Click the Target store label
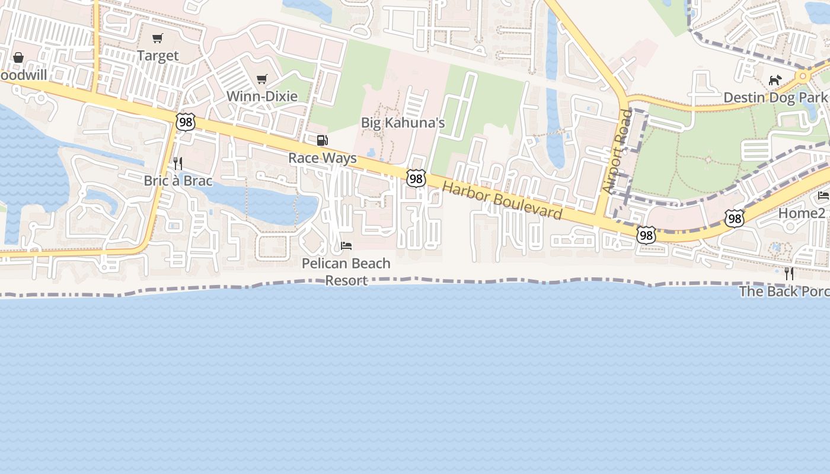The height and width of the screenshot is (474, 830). [157, 56]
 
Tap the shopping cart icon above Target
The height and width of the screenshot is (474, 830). [157, 39]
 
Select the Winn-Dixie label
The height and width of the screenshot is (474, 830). [262, 96]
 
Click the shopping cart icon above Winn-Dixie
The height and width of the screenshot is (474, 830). [262, 79]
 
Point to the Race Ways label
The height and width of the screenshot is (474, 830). [323, 158]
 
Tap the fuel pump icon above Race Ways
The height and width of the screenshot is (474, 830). [323, 140]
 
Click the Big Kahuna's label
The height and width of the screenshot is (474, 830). [403, 123]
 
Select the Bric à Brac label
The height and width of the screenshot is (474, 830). [178, 181]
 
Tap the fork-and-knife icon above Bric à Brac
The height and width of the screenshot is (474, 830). [177, 163]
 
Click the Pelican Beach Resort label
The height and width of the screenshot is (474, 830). [346, 271]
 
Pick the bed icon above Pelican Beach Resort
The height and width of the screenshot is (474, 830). [346, 245]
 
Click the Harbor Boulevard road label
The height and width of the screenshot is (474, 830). [502, 200]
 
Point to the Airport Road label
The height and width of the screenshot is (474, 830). [618, 151]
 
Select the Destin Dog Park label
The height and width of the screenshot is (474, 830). [775, 97]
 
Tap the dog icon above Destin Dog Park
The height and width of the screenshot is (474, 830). [775, 80]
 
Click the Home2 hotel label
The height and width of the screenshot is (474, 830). [802, 213]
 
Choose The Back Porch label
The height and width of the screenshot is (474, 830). [784, 292]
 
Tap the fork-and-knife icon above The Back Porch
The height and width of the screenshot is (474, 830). [789, 273]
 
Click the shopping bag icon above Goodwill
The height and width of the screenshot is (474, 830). [18, 57]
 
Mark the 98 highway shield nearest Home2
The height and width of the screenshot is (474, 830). [735, 218]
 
